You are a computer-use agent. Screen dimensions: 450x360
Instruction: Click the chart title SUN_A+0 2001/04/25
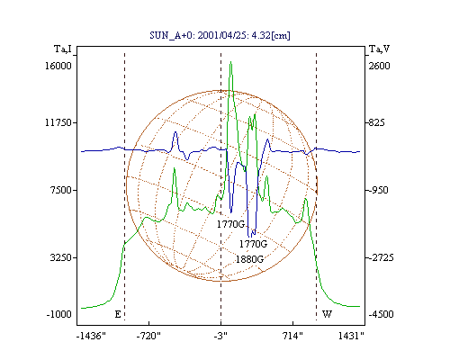point(220,35)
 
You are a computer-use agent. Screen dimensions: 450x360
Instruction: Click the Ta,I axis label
point(63,49)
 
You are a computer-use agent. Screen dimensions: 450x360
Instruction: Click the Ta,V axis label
point(379,49)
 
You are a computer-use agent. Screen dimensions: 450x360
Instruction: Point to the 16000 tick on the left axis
point(58,66)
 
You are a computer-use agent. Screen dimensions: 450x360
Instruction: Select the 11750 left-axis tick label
point(58,122)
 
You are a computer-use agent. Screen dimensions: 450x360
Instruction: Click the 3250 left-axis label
point(61,257)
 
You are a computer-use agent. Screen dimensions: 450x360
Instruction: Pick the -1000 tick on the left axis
point(59,314)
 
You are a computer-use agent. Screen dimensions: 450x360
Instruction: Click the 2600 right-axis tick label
point(380,66)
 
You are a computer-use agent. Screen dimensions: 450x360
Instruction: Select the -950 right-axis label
point(379,190)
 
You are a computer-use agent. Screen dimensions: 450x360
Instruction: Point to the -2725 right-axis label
point(381,257)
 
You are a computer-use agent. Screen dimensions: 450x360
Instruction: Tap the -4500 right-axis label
point(381,314)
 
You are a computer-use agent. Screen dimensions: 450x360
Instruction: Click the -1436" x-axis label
point(91,336)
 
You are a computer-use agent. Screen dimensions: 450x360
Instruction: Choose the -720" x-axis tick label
point(148,336)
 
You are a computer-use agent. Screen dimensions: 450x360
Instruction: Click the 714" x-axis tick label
point(292,336)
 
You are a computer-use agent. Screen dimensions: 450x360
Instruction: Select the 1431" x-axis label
point(351,336)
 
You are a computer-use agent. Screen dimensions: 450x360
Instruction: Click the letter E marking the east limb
point(118,314)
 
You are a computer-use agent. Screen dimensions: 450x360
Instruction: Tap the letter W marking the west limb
point(327,314)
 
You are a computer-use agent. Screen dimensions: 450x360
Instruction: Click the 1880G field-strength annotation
point(249,259)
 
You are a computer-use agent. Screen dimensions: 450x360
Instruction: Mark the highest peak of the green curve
point(230,62)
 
